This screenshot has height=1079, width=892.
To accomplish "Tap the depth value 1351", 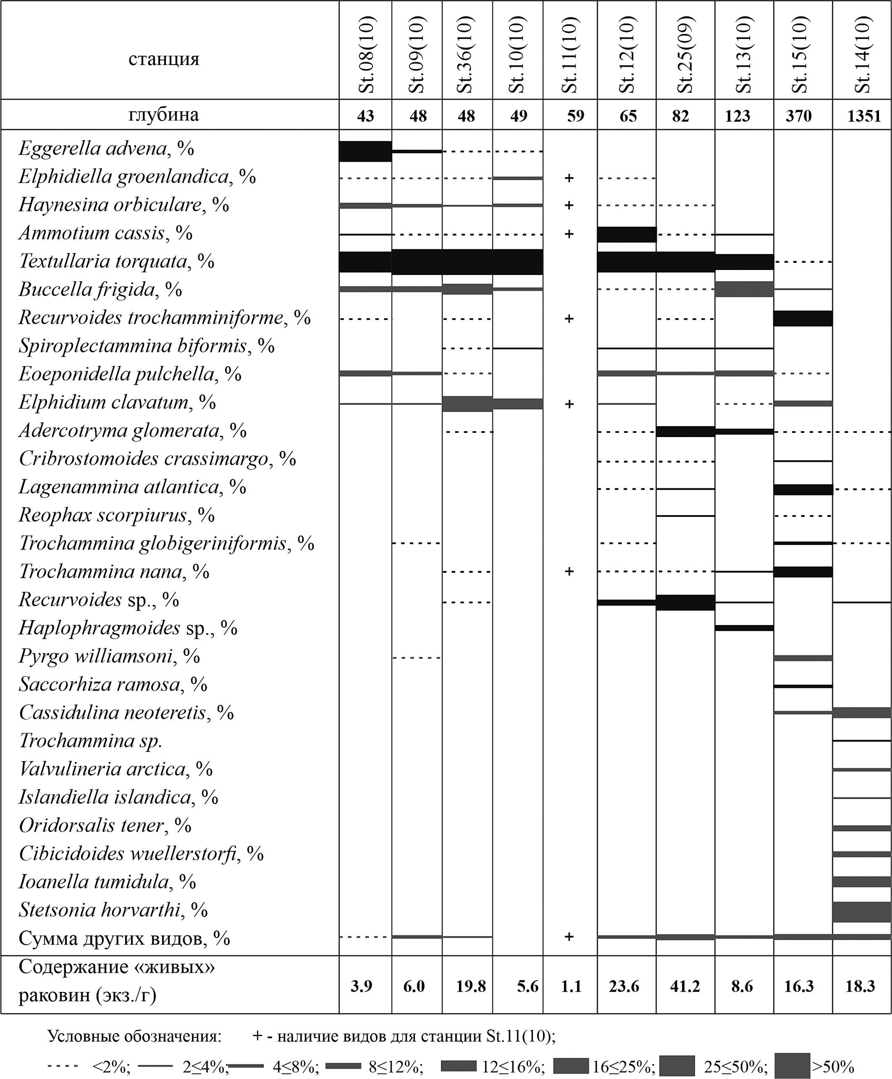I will click(x=864, y=116).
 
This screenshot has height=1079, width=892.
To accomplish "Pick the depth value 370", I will click(x=799, y=116).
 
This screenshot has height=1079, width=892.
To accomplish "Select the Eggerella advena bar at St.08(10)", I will click(x=365, y=151).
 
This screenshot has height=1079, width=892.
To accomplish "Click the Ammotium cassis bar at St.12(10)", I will click(x=627, y=234).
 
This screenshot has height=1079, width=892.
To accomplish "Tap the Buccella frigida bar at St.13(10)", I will click(x=744, y=289).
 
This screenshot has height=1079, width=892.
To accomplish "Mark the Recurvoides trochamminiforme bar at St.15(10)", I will click(x=803, y=319).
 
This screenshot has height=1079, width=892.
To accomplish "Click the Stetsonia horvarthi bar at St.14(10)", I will click(x=862, y=912).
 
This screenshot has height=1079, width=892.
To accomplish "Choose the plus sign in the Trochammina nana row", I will click(x=569, y=571).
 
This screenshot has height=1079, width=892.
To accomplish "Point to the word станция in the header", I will click(x=164, y=59).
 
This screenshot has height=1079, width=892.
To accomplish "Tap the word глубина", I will click(x=164, y=115).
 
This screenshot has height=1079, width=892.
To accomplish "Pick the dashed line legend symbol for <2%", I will click(x=63, y=1066).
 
